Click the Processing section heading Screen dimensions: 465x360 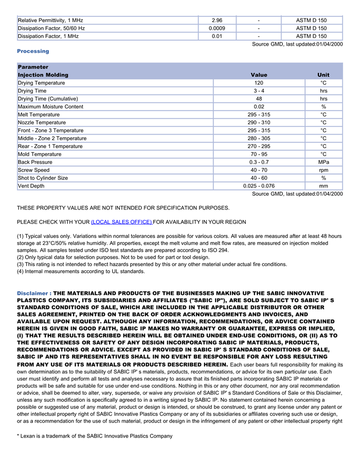[33, 51]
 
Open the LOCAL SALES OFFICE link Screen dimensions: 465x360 [121, 222]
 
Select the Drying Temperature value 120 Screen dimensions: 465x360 [259, 83]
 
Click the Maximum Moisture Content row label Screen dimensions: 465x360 [50, 107]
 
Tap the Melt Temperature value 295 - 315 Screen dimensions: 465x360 [259, 115]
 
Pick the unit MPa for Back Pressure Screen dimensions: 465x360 [323, 162]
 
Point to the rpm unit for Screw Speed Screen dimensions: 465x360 [323, 170]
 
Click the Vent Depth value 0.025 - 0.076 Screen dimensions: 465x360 [259, 186]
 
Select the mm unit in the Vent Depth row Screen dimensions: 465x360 [323, 186]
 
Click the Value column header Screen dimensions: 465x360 [259, 75]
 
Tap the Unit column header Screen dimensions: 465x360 [323, 75]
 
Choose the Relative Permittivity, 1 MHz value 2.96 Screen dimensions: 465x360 [217, 21]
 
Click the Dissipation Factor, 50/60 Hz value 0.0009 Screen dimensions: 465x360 [217, 28]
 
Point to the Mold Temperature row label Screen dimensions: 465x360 [40, 154]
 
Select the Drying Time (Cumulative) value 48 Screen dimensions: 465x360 [259, 99]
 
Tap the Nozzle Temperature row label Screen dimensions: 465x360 [42, 123]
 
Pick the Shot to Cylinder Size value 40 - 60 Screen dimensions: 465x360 [259, 178]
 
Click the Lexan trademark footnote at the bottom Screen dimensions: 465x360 [95, 436]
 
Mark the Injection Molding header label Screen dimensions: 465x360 [43, 75]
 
